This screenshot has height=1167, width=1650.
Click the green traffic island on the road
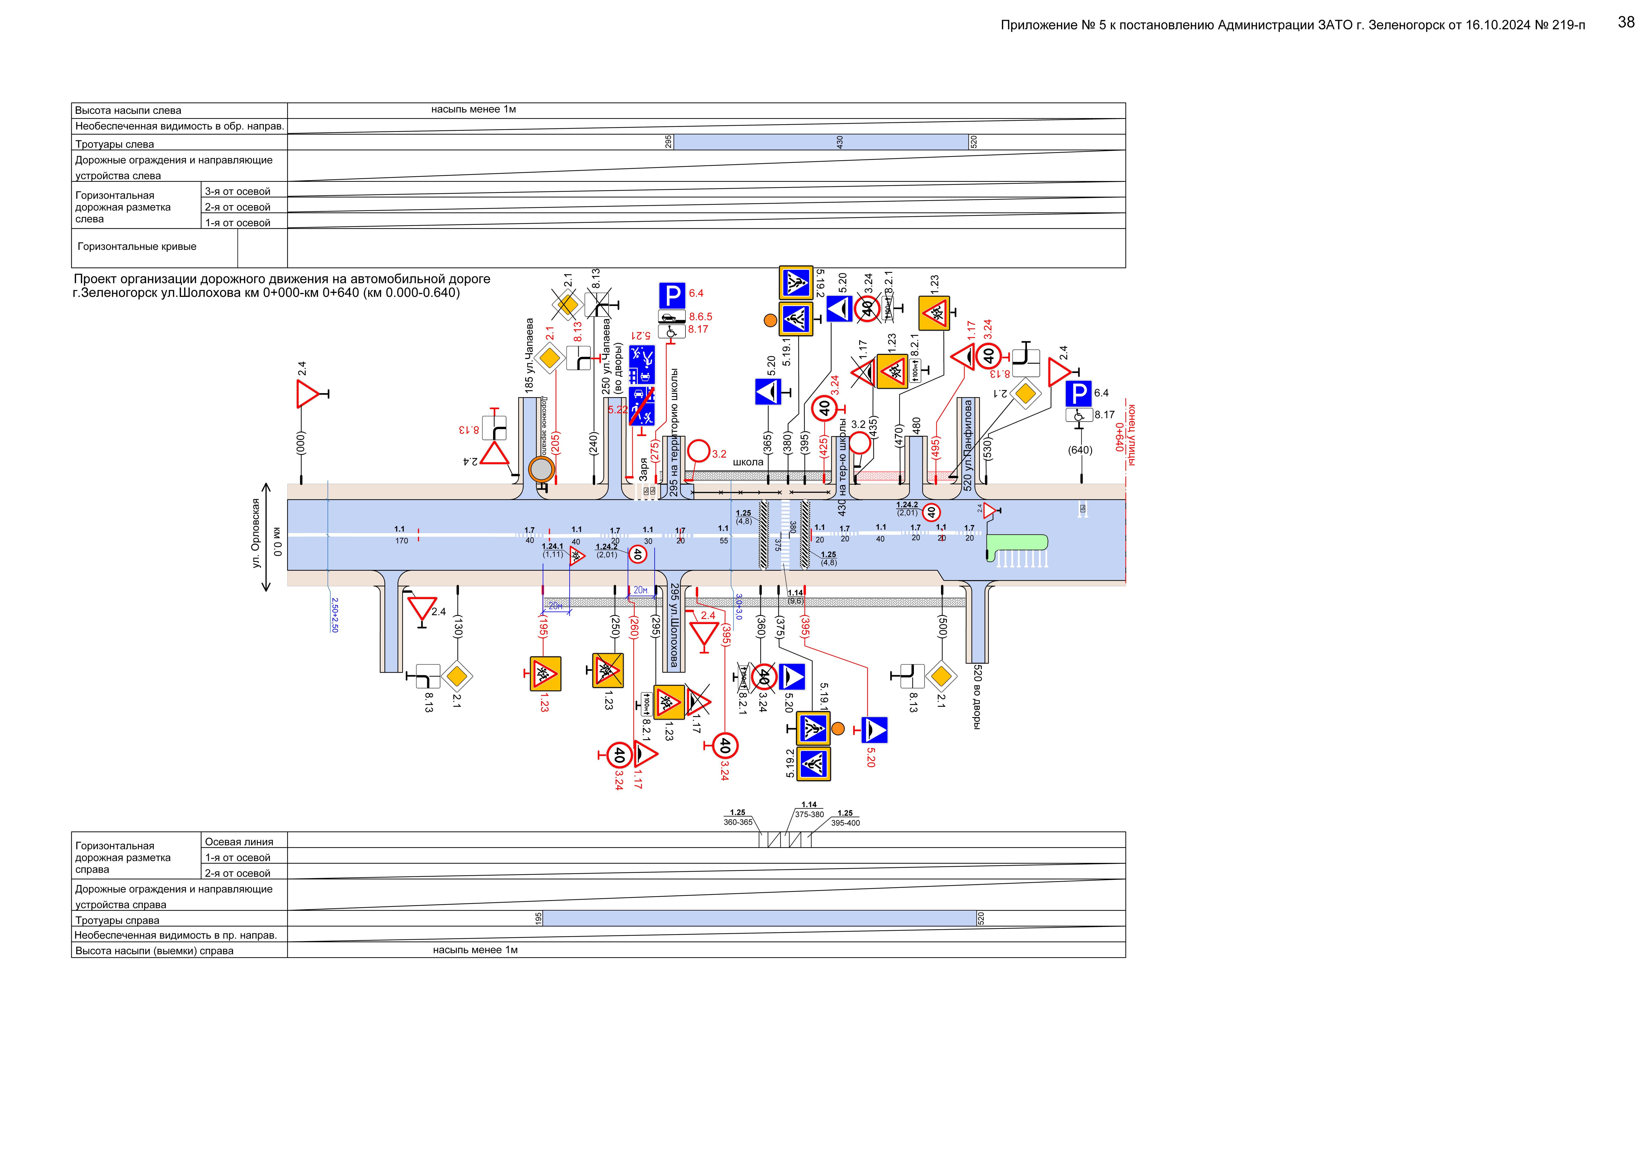click(1017, 544)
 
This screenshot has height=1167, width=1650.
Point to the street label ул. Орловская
click(256, 533)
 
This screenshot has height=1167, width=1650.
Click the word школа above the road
click(747, 462)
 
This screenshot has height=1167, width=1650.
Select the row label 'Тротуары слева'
click(115, 144)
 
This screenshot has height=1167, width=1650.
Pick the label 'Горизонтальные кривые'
click(137, 246)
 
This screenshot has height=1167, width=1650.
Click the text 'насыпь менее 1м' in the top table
click(474, 109)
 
